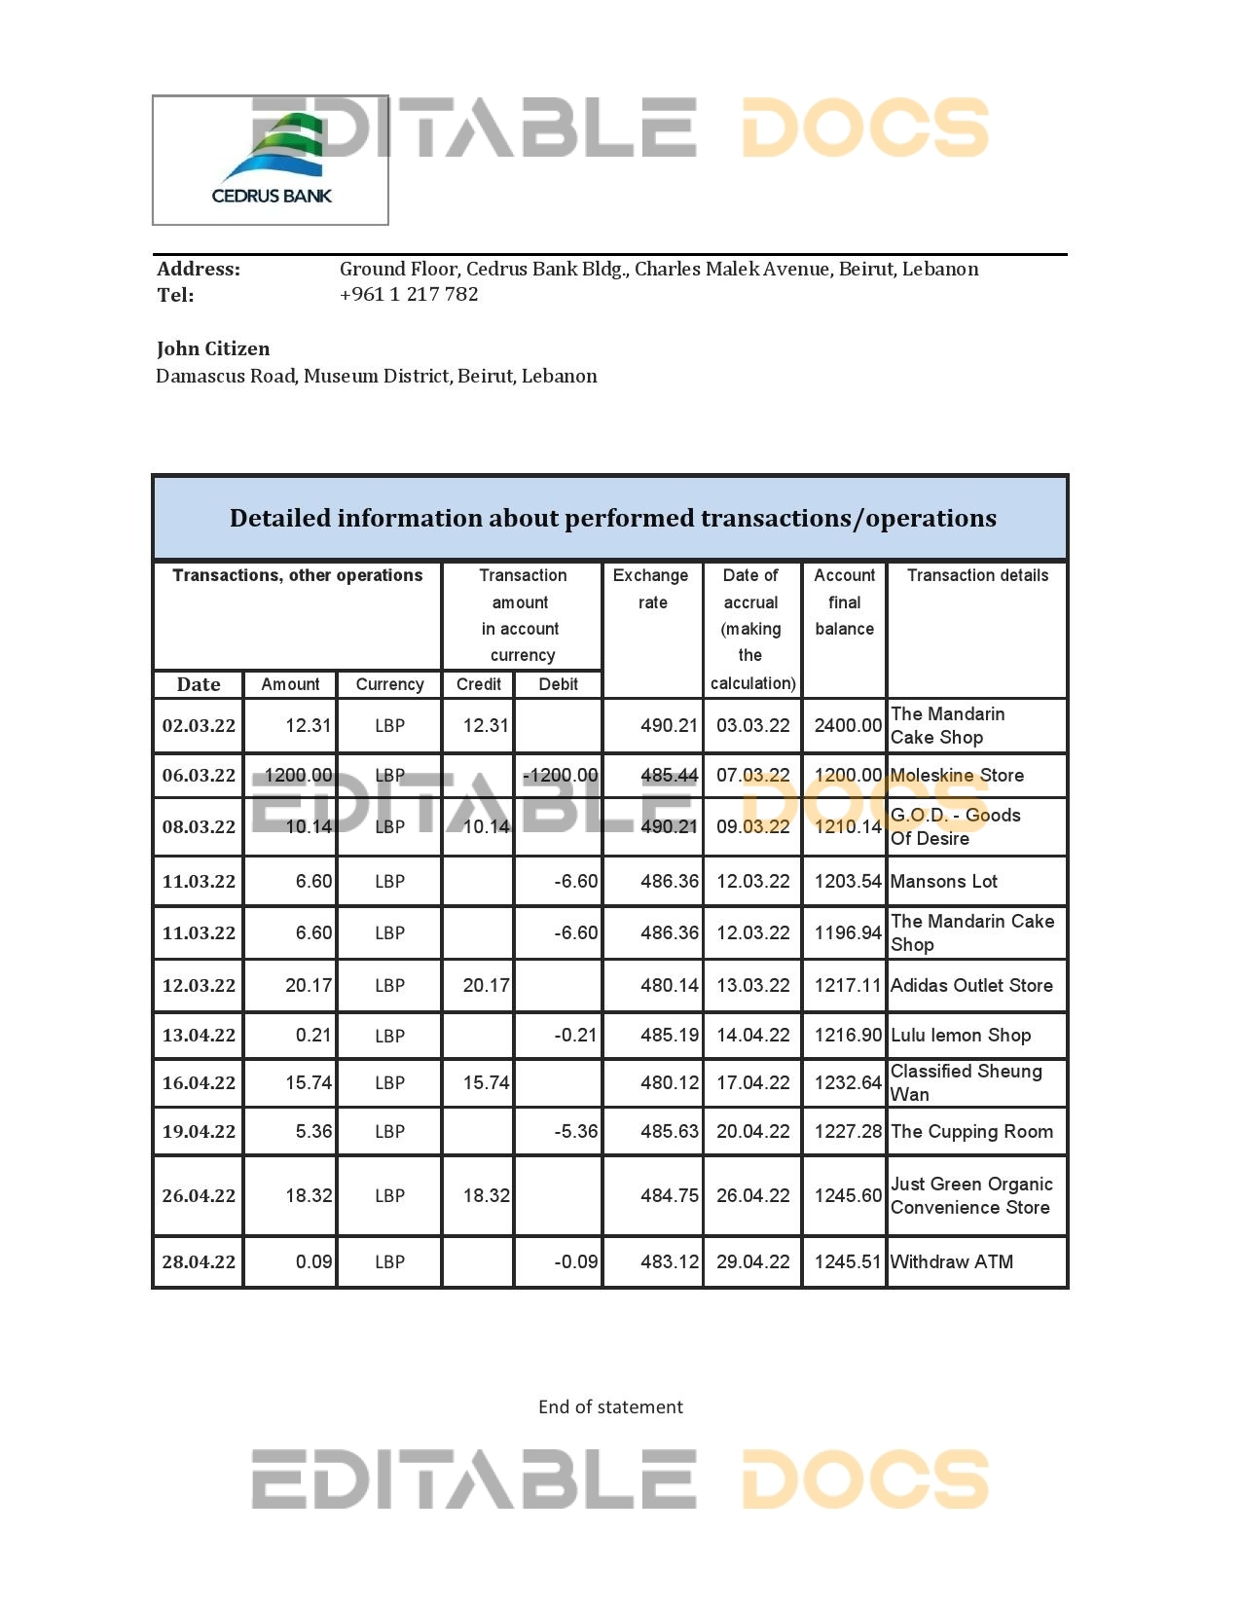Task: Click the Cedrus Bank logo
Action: [x=272, y=161]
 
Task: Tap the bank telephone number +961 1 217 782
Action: [x=409, y=294]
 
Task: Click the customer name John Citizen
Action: [x=213, y=348]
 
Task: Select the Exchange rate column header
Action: [x=651, y=589]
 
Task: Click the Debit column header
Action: [x=558, y=684]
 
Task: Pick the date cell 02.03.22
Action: [x=199, y=725]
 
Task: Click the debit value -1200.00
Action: [x=560, y=776]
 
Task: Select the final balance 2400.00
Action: [x=847, y=725]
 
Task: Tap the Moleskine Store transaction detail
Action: [x=958, y=776]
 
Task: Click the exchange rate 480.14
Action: [x=669, y=985]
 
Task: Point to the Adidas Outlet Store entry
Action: [x=971, y=985]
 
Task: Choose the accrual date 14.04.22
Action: [x=752, y=1035]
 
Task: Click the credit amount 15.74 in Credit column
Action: [x=486, y=1082]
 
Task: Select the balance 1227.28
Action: [x=847, y=1131]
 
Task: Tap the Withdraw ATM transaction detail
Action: [x=952, y=1261]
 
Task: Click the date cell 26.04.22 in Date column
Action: [x=199, y=1195]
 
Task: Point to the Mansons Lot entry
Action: [x=943, y=881]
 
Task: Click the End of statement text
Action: [x=610, y=1406]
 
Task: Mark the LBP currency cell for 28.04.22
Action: [x=389, y=1261]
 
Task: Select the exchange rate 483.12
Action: [x=669, y=1261]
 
